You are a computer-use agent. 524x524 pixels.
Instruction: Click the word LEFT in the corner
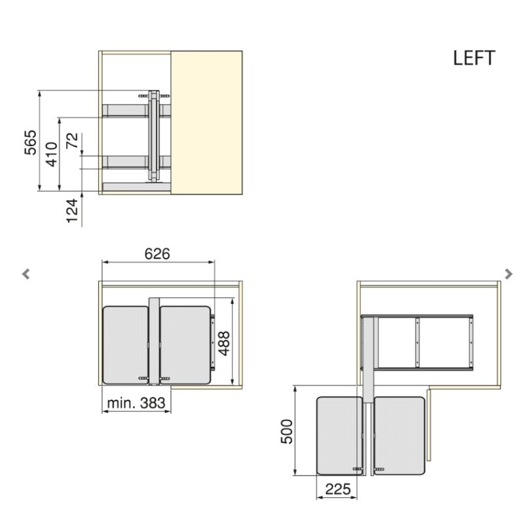click(474, 58)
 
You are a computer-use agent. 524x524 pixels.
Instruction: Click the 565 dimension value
click(30, 142)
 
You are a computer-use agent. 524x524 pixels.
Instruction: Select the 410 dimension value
click(52, 154)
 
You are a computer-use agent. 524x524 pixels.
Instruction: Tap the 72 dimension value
click(72, 140)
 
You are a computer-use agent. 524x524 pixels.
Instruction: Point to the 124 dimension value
click(72, 211)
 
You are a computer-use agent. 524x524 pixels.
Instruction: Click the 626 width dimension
click(157, 253)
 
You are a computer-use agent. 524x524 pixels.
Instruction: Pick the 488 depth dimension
click(224, 343)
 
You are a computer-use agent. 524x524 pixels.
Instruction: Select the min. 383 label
click(136, 403)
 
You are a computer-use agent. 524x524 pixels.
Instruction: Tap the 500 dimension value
click(287, 432)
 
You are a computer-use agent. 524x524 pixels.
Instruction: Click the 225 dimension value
click(338, 489)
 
